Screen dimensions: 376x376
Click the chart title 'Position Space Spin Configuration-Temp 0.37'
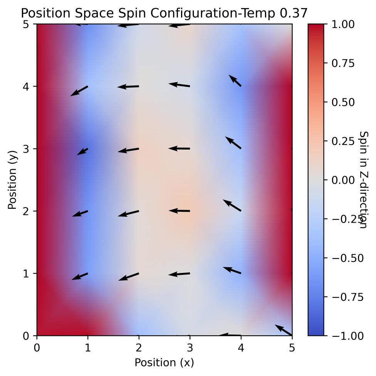pyautogui.click(x=164, y=13)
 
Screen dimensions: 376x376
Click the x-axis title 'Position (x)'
pyautogui.click(x=164, y=363)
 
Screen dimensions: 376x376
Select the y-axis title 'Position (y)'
pyautogui.click(x=12, y=180)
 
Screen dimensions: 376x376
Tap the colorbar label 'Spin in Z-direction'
pyautogui.click(x=363, y=180)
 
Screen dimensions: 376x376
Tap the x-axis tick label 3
pyautogui.click(x=190, y=348)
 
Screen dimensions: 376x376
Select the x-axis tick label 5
pyautogui.click(x=292, y=348)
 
